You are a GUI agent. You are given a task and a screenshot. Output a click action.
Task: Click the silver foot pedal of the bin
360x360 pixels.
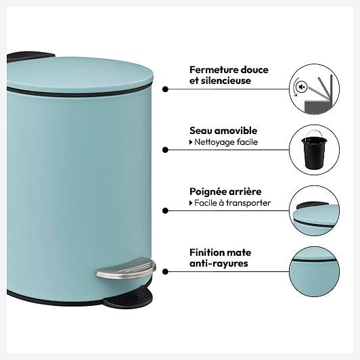tap(126, 268)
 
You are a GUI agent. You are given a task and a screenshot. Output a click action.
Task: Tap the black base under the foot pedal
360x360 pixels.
tap(128, 298)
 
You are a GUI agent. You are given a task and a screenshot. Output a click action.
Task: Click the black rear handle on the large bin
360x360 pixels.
tap(30, 56)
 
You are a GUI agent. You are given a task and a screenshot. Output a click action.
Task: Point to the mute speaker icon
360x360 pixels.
tap(302, 87)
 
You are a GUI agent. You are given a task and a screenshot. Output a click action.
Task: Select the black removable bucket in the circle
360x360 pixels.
tap(314, 152)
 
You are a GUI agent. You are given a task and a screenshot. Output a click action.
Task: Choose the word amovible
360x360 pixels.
tap(235, 131)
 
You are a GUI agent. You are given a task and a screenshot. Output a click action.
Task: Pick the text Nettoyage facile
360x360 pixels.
tap(226, 142)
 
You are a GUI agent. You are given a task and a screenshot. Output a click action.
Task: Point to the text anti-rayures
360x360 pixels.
tap(219, 263)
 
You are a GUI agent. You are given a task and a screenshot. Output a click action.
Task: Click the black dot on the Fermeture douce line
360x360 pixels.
tap(165, 89)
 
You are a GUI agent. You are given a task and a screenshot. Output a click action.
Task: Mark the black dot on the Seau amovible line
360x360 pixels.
tap(165, 150)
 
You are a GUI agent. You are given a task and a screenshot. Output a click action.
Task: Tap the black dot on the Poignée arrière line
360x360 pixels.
tap(165, 210)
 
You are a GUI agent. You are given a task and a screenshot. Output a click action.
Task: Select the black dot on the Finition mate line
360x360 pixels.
tap(165, 272)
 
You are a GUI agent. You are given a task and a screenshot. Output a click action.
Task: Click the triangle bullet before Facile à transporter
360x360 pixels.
tap(191, 203)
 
